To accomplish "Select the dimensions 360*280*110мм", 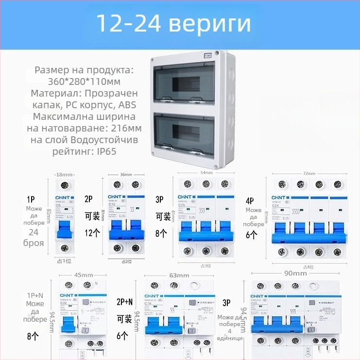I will [85, 82].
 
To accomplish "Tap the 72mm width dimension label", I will [309, 173].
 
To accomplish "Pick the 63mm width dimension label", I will [179, 275].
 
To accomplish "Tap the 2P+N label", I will [124, 302].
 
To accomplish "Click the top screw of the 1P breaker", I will [64, 185].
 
